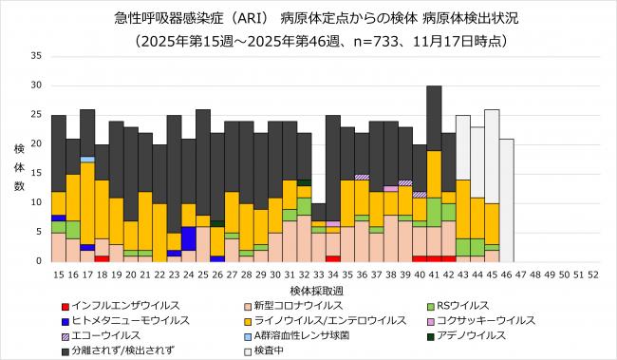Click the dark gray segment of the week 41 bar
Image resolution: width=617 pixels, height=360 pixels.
434,118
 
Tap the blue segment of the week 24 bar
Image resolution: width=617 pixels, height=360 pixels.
189,238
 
